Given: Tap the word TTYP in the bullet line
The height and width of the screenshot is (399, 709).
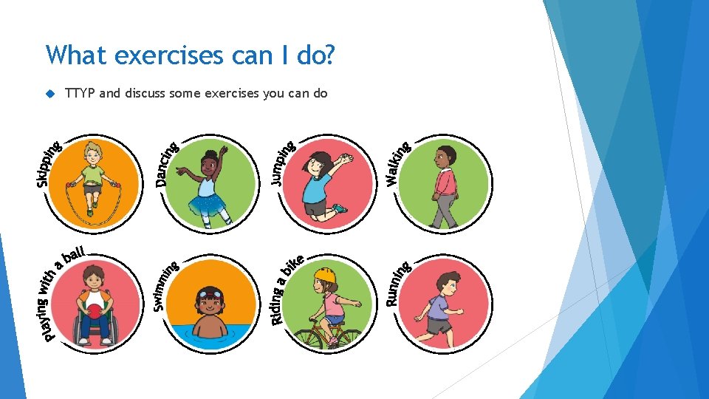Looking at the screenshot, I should [x=80, y=93].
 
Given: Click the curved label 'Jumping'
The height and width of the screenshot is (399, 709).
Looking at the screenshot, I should [x=280, y=162].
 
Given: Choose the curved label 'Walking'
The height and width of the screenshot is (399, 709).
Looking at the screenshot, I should [x=398, y=163].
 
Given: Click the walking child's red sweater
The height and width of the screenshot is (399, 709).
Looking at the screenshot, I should [x=445, y=181].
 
